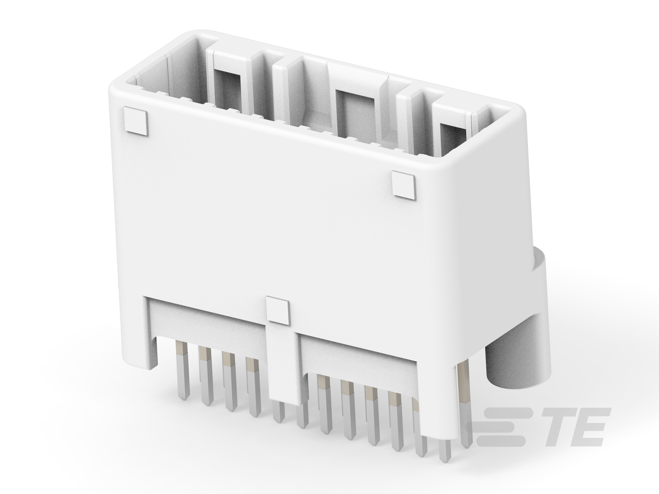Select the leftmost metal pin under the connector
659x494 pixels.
click(183, 375)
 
